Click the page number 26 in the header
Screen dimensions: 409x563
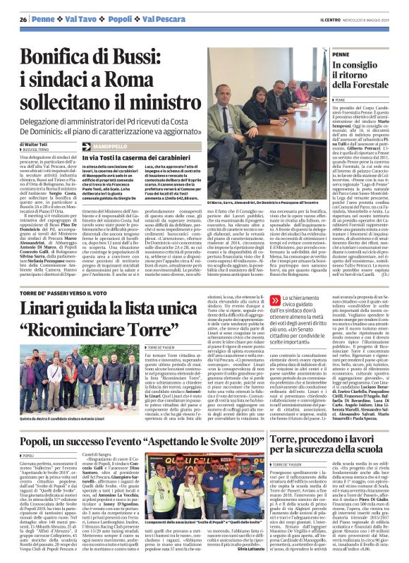(23, 18)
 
